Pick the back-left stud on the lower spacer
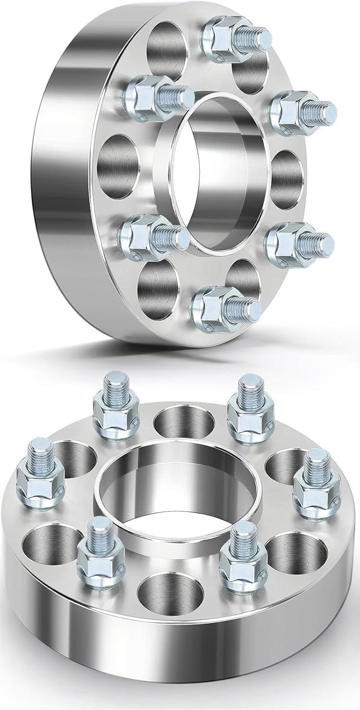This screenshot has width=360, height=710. click(x=115, y=408)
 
